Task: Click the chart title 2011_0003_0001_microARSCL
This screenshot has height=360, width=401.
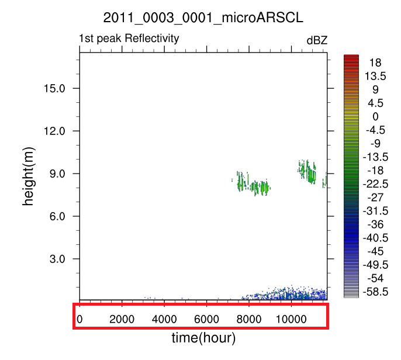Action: coord(203,18)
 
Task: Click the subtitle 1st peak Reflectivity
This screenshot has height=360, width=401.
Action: coord(129,39)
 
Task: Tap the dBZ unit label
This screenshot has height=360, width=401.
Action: coord(317,40)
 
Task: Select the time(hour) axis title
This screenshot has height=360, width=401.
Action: coord(203,338)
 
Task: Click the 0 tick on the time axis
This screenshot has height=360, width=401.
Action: coord(79,319)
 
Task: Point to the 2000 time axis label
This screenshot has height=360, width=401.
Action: coord(122,319)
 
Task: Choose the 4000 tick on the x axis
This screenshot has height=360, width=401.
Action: coord(164,319)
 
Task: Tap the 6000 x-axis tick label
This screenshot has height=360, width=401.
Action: coord(206,319)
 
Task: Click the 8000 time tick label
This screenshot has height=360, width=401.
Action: coord(249,319)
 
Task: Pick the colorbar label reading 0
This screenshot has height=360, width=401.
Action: coord(375,116)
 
